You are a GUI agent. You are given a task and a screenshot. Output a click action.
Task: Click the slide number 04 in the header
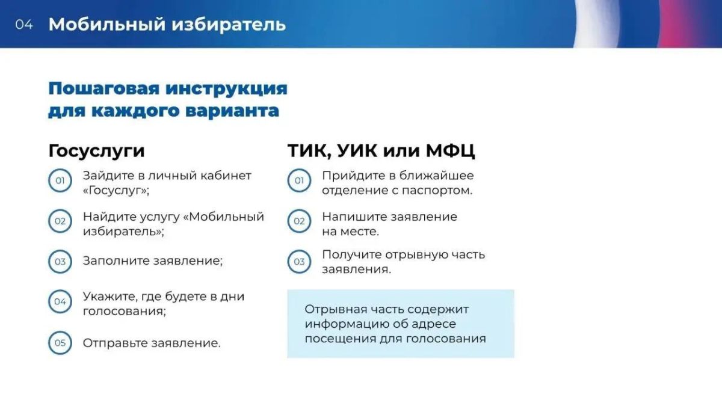pyautogui.click(x=24, y=25)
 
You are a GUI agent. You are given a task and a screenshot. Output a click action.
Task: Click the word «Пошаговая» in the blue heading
pyautogui.click(x=104, y=88)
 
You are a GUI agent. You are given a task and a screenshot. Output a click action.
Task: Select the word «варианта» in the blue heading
pyautogui.click(x=232, y=111)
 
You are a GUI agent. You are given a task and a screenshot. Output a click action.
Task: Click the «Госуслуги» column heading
pyautogui.click(x=97, y=151)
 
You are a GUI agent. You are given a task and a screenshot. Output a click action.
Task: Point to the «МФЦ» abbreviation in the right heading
pyautogui.click(x=450, y=150)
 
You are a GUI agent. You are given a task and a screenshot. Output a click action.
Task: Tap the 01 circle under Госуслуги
pyautogui.click(x=60, y=180)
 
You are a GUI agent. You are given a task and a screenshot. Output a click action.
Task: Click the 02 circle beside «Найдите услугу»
pyautogui.click(x=60, y=221)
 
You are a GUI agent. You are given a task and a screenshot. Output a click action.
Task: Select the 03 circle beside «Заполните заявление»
pyautogui.click(x=60, y=262)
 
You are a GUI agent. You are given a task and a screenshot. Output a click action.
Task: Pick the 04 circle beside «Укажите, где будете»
pyautogui.click(x=60, y=301)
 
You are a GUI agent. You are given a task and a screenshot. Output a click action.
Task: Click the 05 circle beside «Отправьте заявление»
pyautogui.click(x=60, y=343)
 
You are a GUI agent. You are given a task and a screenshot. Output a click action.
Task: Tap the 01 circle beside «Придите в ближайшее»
pyautogui.click(x=299, y=180)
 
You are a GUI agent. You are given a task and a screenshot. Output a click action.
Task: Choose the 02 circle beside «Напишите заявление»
pyautogui.click(x=299, y=221)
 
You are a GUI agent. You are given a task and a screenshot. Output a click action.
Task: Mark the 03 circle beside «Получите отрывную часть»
pyautogui.click(x=299, y=262)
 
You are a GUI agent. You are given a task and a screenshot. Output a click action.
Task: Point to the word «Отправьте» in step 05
pyautogui.click(x=116, y=343)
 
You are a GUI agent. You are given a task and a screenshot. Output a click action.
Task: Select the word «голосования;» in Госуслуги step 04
pyautogui.click(x=125, y=312)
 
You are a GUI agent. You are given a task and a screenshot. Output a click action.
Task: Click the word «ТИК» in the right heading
pyautogui.click(x=309, y=151)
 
